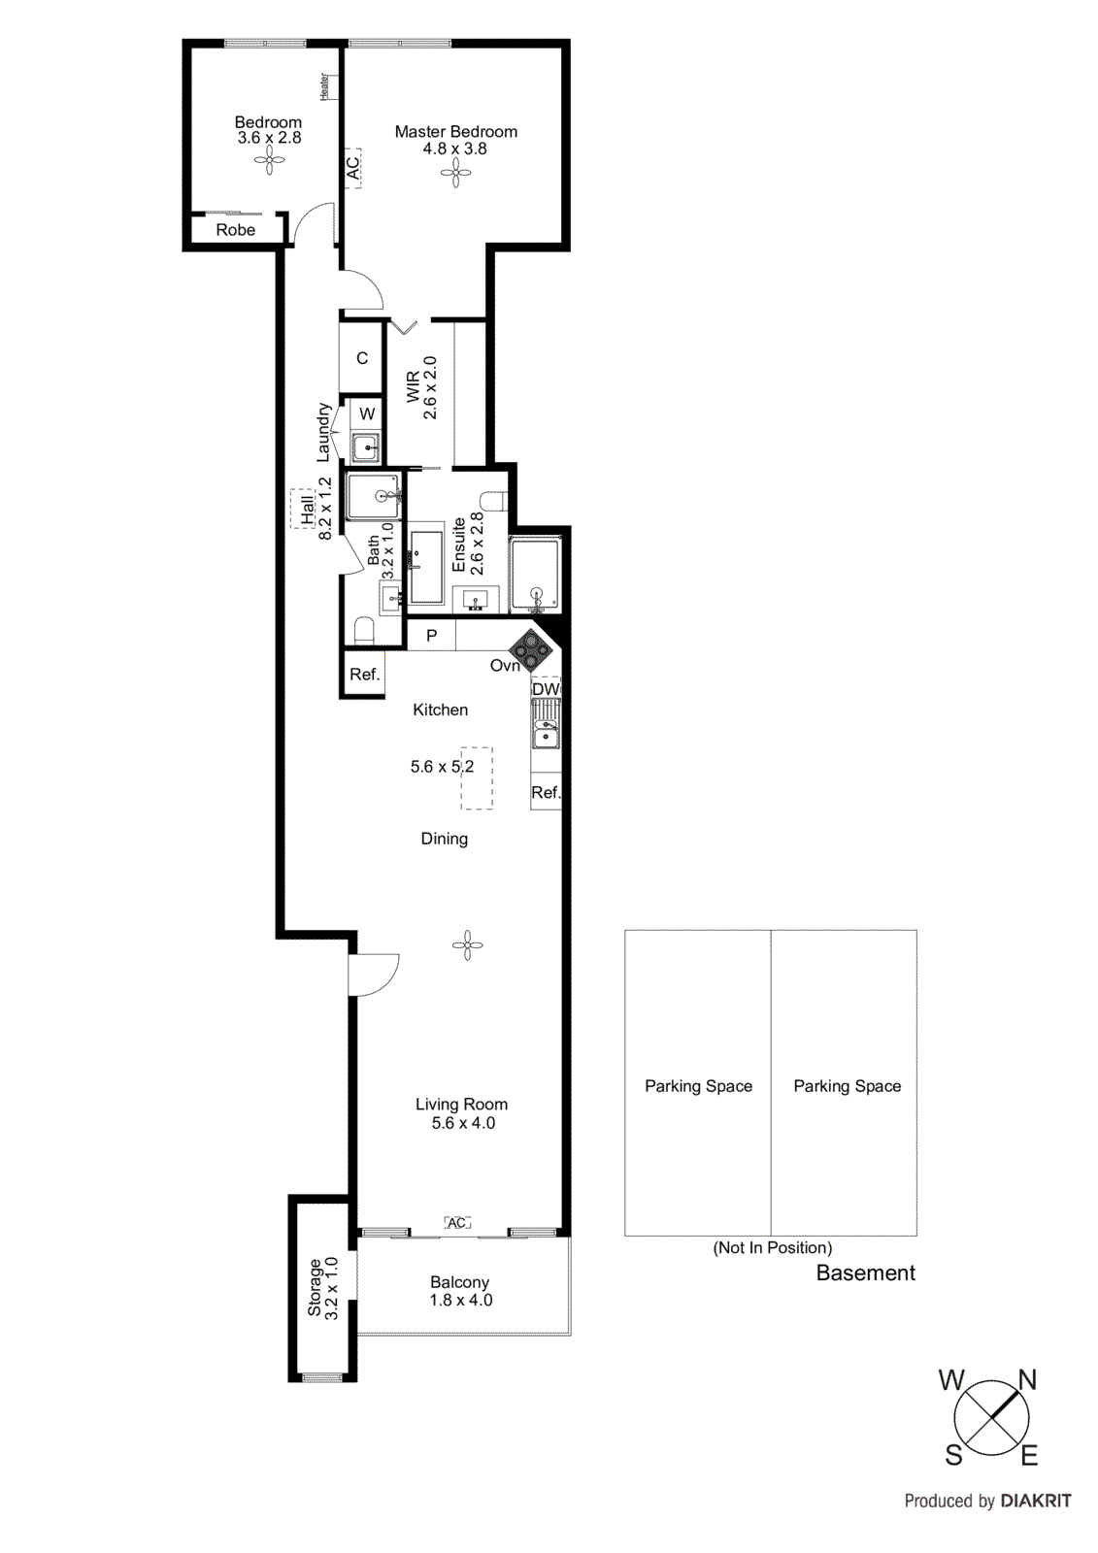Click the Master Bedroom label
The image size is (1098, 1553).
tap(455, 132)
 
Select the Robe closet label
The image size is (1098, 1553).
tap(236, 230)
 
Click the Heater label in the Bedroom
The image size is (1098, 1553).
tap(324, 86)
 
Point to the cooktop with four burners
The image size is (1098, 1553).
tap(531, 648)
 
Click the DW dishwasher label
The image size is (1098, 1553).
tap(546, 689)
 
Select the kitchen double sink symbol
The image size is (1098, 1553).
tap(546, 725)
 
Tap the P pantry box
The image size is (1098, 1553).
tap(431, 636)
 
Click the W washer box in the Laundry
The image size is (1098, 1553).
tap(367, 414)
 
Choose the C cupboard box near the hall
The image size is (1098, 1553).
tap(362, 358)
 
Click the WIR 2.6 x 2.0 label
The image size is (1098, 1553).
tap(421, 387)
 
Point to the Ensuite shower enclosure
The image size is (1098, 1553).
tap(535, 575)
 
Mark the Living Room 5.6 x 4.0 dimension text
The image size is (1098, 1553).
tap(463, 1123)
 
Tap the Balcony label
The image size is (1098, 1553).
tap(459, 1282)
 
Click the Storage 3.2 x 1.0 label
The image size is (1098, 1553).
tap(322, 1288)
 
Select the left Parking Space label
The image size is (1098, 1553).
tap(698, 1086)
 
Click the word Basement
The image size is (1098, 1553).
tap(865, 1273)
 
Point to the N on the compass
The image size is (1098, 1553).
tap(1026, 1380)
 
